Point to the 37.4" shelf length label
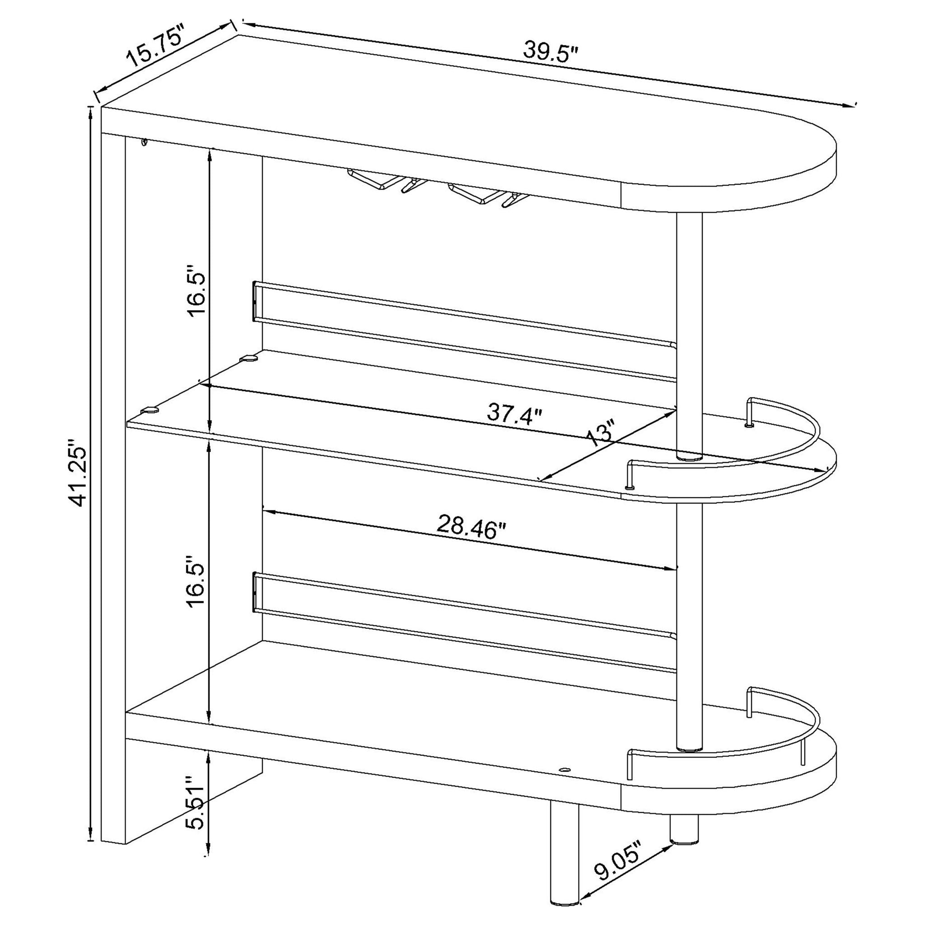tap(515, 413)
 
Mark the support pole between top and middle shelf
tap(689, 335)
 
